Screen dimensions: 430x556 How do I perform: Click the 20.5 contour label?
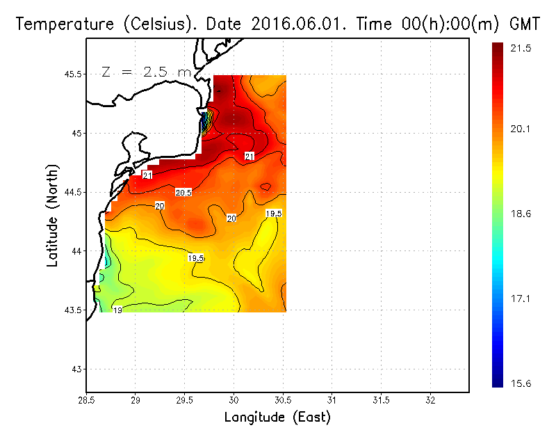(183, 192)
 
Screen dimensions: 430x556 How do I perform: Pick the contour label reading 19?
(117, 310)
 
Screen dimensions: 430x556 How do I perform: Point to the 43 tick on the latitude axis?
(75, 369)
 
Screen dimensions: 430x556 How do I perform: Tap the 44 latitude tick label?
(75, 251)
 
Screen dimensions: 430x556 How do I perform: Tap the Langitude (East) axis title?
(277, 417)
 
